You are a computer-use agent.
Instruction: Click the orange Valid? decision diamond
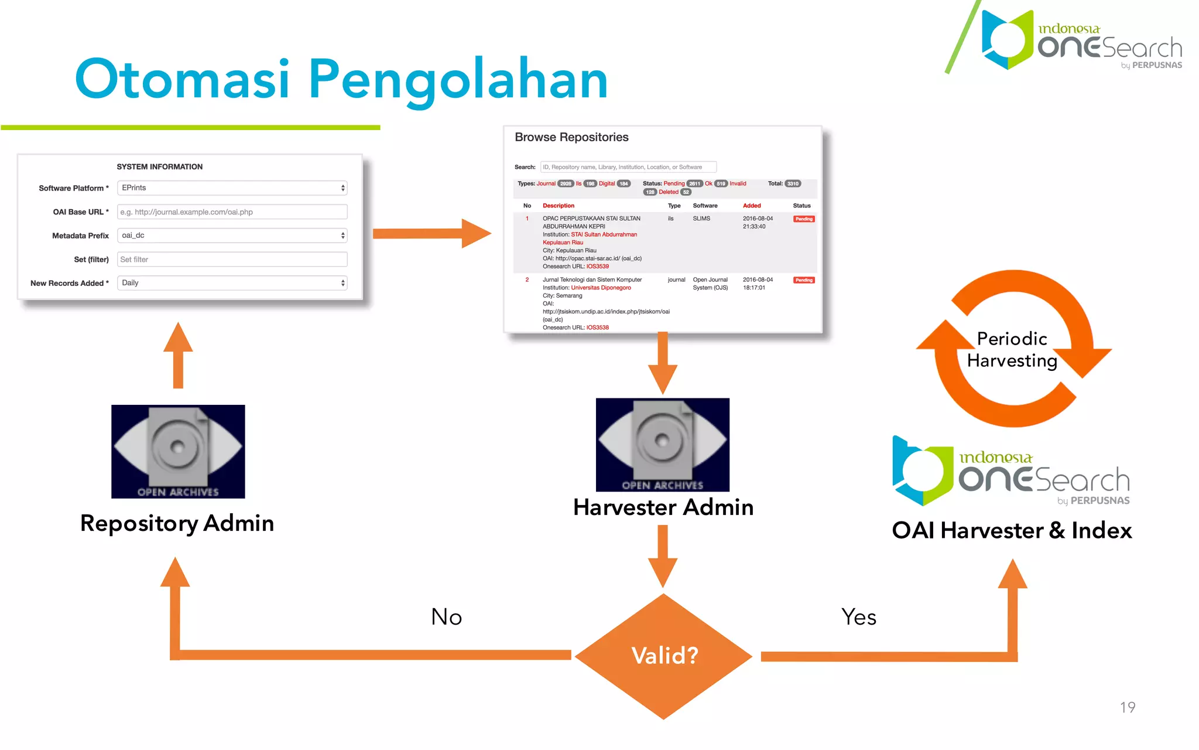click(663, 656)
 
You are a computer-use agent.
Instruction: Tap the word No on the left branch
click(446, 617)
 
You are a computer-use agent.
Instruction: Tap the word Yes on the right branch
click(858, 617)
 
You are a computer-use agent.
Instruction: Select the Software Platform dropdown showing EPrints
click(232, 188)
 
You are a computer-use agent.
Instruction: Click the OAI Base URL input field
click(232, 212)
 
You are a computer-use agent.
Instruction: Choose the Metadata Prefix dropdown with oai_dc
click(232, 236)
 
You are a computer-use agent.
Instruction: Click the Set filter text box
click(232, 260)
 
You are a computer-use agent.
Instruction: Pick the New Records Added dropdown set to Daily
click(232, 283)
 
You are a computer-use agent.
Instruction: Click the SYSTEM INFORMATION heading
click(159, 167)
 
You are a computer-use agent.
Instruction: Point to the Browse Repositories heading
click(571, 137)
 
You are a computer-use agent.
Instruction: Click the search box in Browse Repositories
click(628, 167)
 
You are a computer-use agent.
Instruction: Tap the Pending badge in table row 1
click(803, 219)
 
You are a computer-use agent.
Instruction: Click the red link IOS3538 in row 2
click(597, 328)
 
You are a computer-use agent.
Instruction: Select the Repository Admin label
click(177, 523)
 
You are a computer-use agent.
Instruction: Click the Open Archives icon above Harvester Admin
click(662, 445)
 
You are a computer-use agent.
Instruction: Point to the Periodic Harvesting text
click(1012, 350)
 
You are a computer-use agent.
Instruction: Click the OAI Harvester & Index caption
click(1011, 531)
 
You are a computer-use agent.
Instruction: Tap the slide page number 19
click(1127, 707)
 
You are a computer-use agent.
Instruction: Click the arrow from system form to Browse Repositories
click(431, 234)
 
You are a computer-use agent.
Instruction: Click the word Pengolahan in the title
click(458, 80)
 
